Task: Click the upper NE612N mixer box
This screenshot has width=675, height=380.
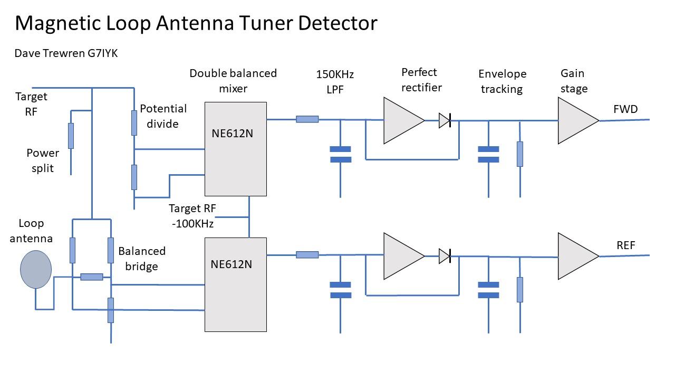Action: [235, 149]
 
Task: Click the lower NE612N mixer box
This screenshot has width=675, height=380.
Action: [235, 284]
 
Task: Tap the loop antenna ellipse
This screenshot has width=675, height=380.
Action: [36, 269]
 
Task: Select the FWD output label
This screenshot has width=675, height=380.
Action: [625, 109]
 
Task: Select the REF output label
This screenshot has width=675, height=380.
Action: [625, 245]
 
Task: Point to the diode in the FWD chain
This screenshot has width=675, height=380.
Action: [445, 121]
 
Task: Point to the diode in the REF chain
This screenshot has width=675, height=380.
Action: [445, 256]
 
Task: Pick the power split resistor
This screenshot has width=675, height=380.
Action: [71, 136]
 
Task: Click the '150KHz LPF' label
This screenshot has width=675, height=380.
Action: [335, 82]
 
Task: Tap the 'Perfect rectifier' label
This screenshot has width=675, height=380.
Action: [421, 80]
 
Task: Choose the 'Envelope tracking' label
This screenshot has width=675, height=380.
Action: [502, 81]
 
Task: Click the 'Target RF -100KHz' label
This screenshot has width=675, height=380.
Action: [192, 216]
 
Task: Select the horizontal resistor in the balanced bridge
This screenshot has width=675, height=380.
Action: [92, 277]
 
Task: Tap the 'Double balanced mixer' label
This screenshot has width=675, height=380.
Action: [233, 81]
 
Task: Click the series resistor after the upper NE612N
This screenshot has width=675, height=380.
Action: [307, 119]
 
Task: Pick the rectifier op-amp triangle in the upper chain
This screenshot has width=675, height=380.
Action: [401, 121]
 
